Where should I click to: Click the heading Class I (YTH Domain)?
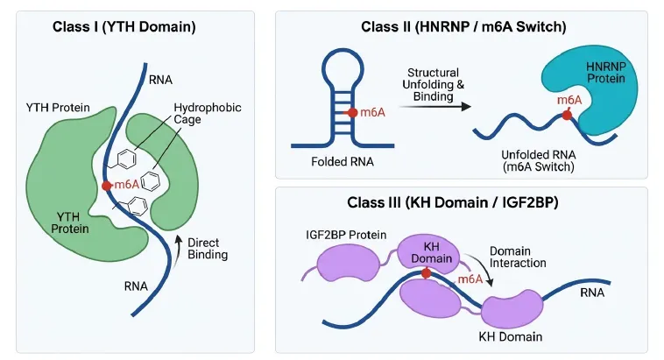pyautogui.click(x=124, y=27)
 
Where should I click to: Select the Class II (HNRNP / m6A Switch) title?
pyautogui.click(x=463, y=27)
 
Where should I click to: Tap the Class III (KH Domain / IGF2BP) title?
pyautogui.click(x=453, y=202)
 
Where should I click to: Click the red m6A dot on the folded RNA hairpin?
pyautogui.click(x=353, y=113)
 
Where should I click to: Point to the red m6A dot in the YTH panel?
pyautogui.click(x=107, y=186)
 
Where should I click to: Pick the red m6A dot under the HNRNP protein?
pyautogui.click(x=567, y=116)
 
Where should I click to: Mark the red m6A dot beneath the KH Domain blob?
pyautogui.click(x=427, y=273)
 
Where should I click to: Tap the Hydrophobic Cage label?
pyautogui.click(x=208, y=114)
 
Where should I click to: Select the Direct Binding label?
pyautogui.click(x=208, y=249)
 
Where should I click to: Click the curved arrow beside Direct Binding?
pyautogui.click(x=178, y=247)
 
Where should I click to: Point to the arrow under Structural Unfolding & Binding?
pyautogui.click(x=435, y=107)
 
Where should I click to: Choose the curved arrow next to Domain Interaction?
pyautogui.click(x=484, y=266)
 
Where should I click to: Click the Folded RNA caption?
pyautogui.click(x=343, y=162)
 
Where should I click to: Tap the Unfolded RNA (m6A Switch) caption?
pyautogui.click(x=539, y=161)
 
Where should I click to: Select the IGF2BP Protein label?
pyautogui.click(x=346, y=235)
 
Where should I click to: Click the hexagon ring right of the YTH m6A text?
pyautogui.click(x=151, y=181)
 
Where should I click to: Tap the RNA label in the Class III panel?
pyautogui.click(x=592, y=293)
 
